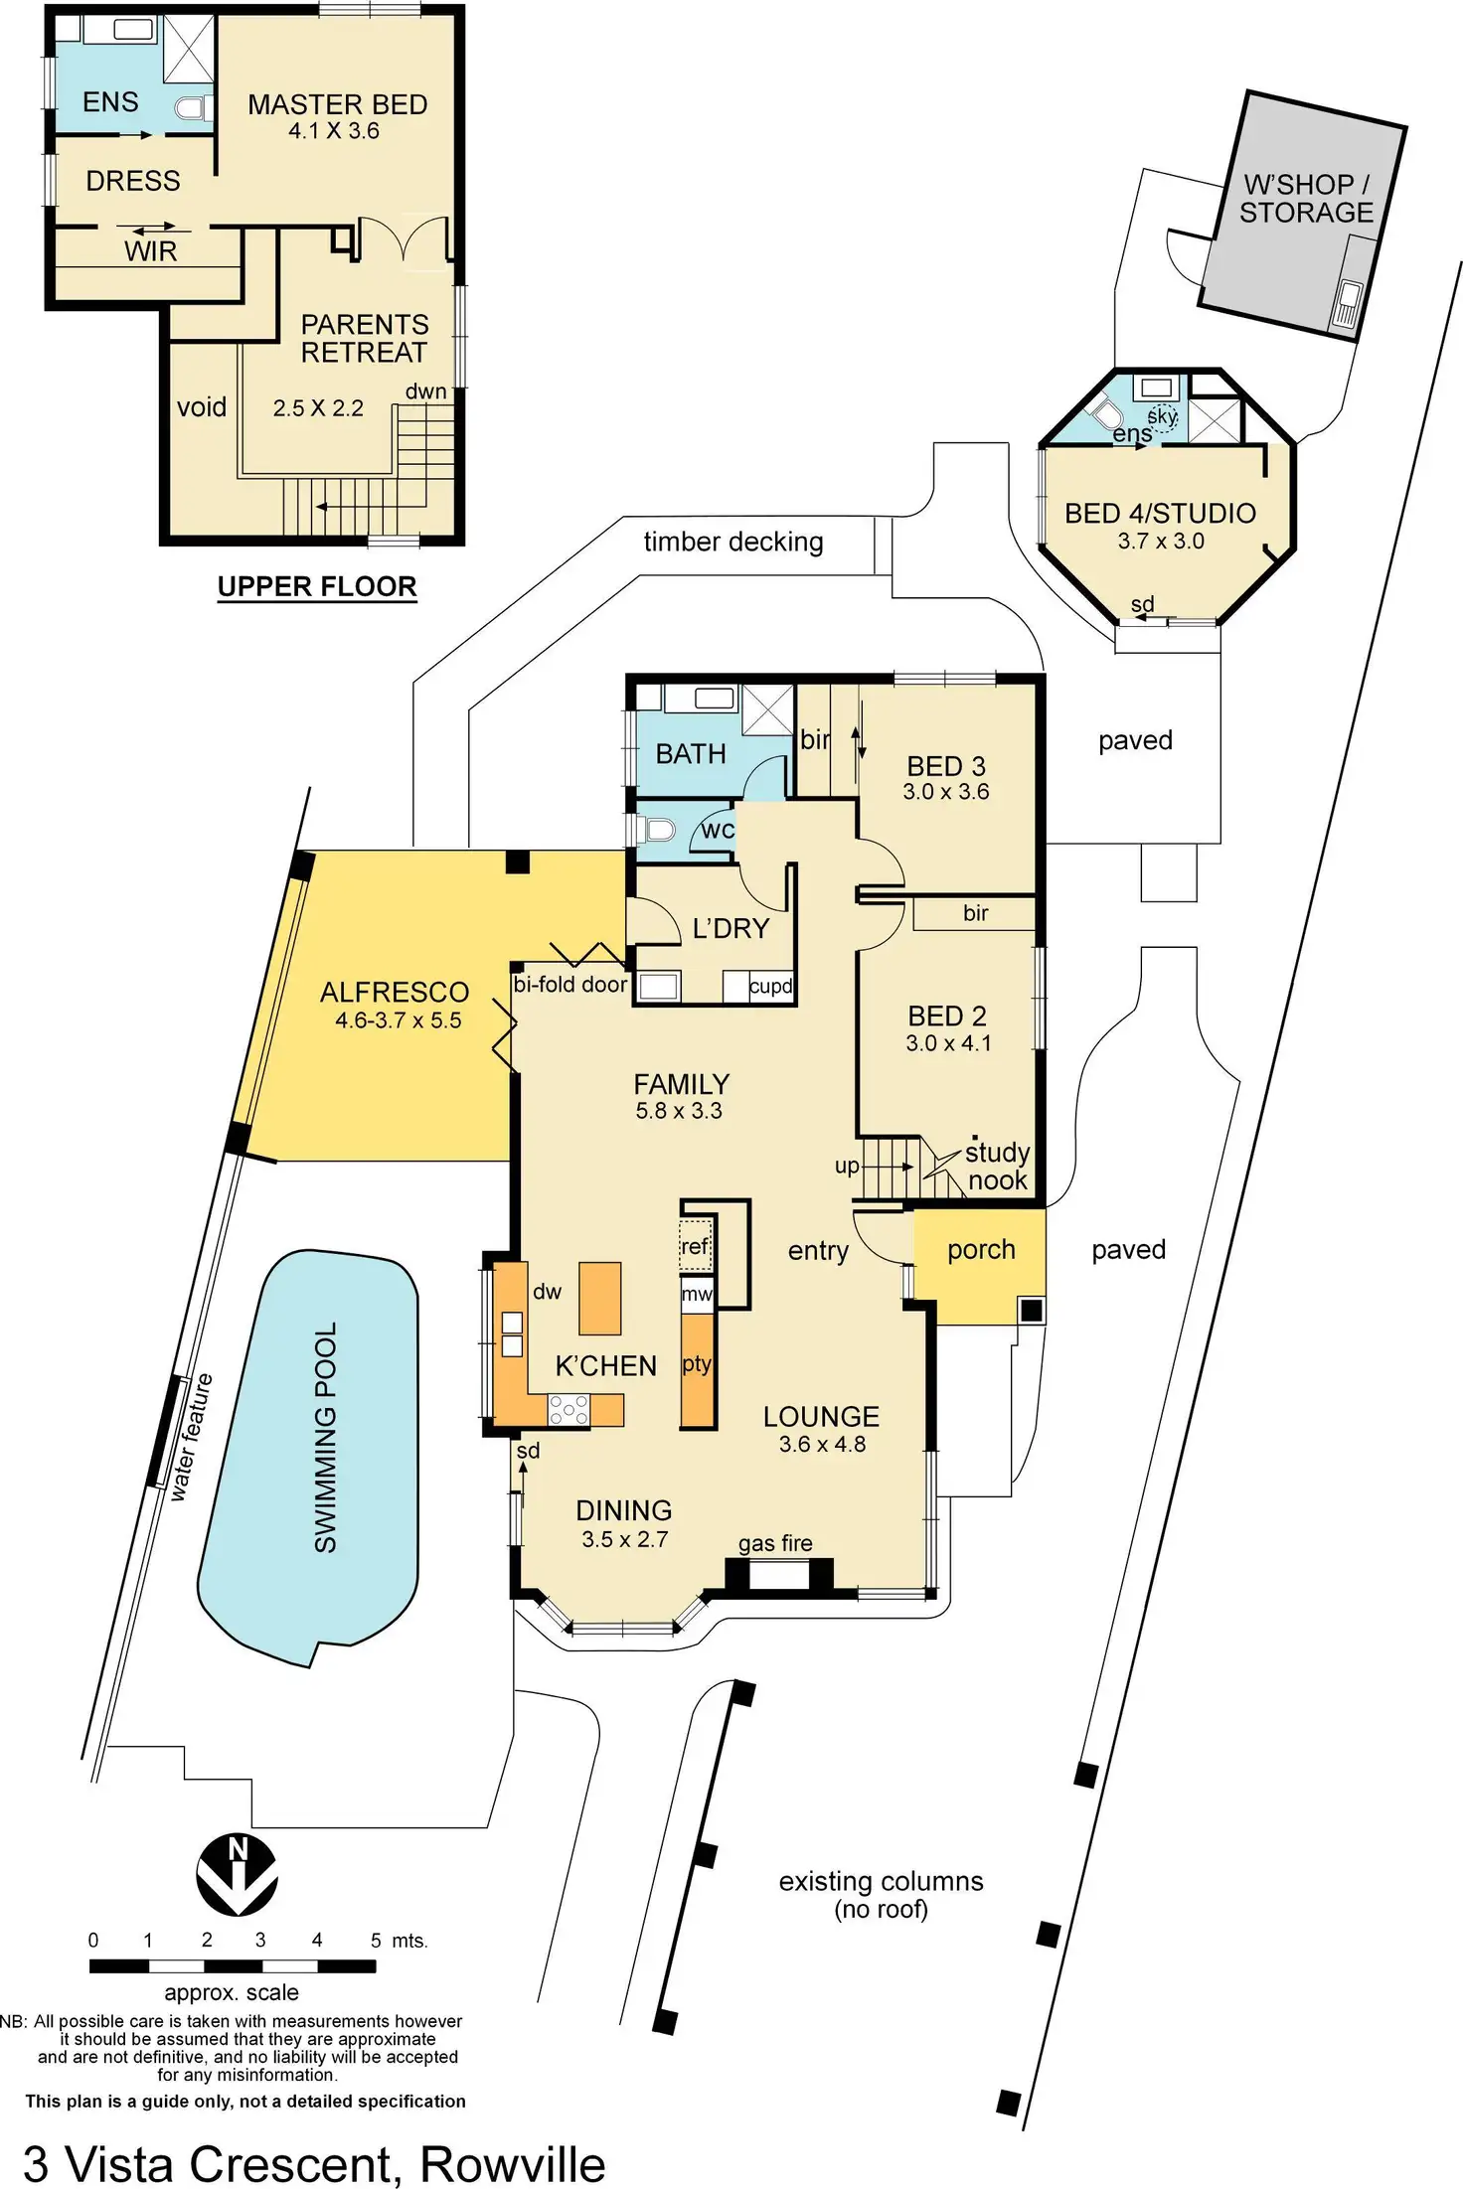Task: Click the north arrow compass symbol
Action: click(x=237, y=1876)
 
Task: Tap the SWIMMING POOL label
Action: click(x=325, y=1437)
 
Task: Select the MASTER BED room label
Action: click(x=337, y=104)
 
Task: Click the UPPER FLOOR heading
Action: click(x=317, y=586)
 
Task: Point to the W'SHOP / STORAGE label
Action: click(x=1306, y=199)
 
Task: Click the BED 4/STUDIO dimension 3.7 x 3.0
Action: click(x=1160, y=542)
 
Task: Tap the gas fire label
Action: click(x=775, y=1543)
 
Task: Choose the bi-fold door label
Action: click(x=569, y=985)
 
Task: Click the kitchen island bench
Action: click(x=599, y=1298)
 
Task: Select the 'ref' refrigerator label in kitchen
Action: click(x=695, y=1246)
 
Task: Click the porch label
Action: click(x=981, y=1250)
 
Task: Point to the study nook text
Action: click(x=997, y=1167)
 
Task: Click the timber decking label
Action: click(x=733, y=542)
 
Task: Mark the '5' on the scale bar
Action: click(x=376, y=1940)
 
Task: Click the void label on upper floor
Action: click(x=202, y=407)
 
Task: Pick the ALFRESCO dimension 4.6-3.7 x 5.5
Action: click(x=398, y=1020)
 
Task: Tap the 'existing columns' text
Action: click(x=881, y=1881)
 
